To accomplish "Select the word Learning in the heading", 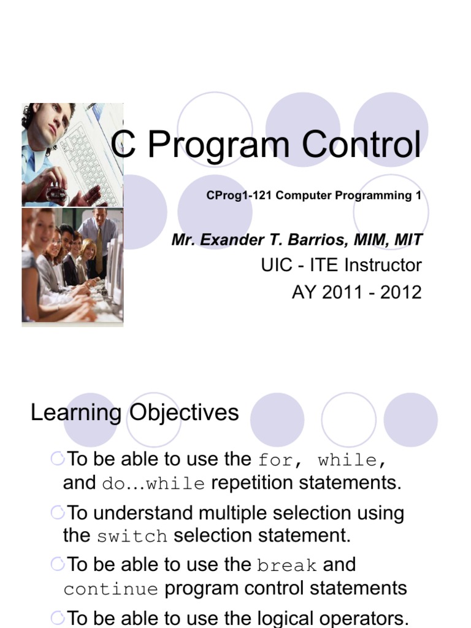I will pyautogui.click(x=76, y=413).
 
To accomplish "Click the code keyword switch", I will pyautogui.click(x=132, y=537).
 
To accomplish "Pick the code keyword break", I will pyautogui.click(x=287, y=565).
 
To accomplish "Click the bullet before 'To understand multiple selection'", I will pyautogui.click(x=58, y=511).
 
